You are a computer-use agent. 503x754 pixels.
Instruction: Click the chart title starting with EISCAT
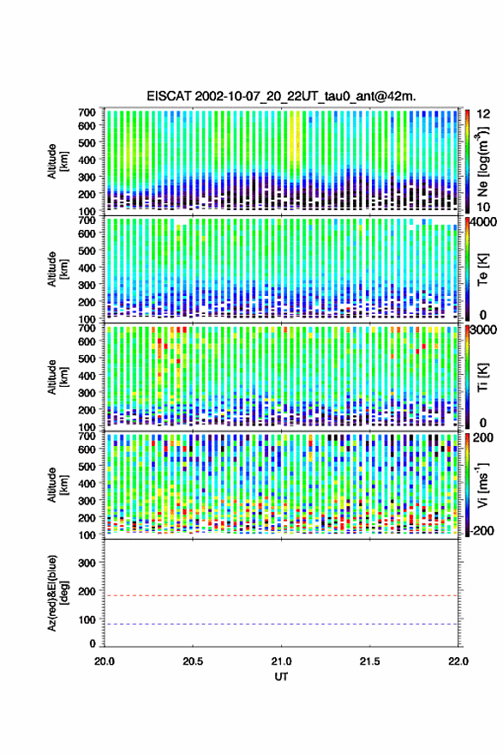coord(281,96)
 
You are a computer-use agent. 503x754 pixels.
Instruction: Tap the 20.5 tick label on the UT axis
coord(193,661)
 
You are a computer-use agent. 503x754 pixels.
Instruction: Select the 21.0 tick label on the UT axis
coord(281,661)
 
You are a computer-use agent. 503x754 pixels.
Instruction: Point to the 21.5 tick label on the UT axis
coord(369,661)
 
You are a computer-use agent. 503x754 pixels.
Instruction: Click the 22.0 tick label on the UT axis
coord(458,661)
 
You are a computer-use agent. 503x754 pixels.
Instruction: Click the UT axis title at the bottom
coord(281,677)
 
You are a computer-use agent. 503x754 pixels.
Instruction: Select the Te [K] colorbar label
coord(482,269)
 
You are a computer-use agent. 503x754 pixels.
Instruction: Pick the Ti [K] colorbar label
coord(482,377)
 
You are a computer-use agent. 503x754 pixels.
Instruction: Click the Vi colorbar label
coord(483,485)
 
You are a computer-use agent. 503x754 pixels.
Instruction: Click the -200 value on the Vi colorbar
coord(480,530)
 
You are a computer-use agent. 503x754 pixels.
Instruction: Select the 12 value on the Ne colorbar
coord(483,114)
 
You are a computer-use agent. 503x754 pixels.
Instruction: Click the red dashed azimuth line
coord(281,595)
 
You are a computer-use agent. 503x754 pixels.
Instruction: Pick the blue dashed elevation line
coord(281,624)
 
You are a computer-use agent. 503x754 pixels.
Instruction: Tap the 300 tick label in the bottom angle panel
coord(87,563)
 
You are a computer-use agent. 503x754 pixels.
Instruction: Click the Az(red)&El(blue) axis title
coord(56,593)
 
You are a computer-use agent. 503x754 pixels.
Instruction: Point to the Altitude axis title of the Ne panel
coord(56,161)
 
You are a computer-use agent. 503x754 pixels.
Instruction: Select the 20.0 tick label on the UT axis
coord(105,661)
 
